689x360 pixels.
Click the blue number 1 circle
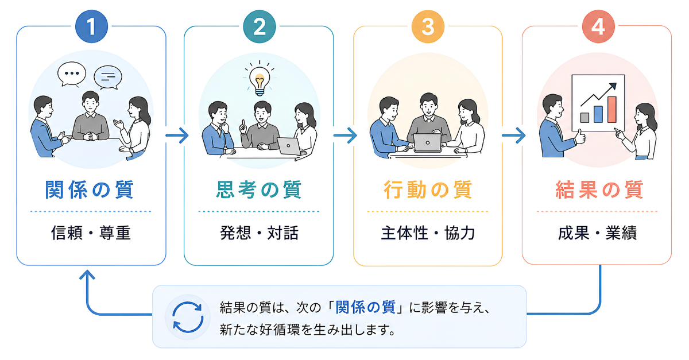pyautogui.click(x=91, y=26)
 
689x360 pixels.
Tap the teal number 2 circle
pyautogui.click(x=260, y=26)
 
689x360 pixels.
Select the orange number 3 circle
pyautogui.click(x=428, y=26)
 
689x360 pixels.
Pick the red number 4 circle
pyautogui.click(x=598, y=26)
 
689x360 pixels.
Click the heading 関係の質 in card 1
pyautogui.click(x=90, y=189)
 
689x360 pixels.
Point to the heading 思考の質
pyautogui.click(x=259, y=189)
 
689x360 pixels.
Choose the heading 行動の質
pyautogui.click(x=428, y=189)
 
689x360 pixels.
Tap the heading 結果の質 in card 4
pyautogui.click(x=599, y=189)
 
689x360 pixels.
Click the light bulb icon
pyautogui.click(x=260, y=78)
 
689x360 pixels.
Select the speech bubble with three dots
pyautogui.click(x=72, y=74)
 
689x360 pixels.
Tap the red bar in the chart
pyautogui.click(x=612, y=110)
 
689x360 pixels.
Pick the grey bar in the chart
pyautogui.click(x=585, y=118)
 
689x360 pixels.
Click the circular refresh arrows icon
pyautogui.click(x=188, y=317)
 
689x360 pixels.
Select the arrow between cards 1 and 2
pyautogui.click(x=177, y=136)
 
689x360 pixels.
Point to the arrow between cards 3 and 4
pyautogui.click(x=513, y=136)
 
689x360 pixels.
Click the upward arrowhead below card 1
pyautogui.click(x=87, y=274)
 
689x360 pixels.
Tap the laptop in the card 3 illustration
pyautogui.click(x=428, y=143)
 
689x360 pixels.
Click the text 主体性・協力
pyautogui.click(x=428, y=233)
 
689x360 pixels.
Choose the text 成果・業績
pyautogui.click(x=597, y=233)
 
